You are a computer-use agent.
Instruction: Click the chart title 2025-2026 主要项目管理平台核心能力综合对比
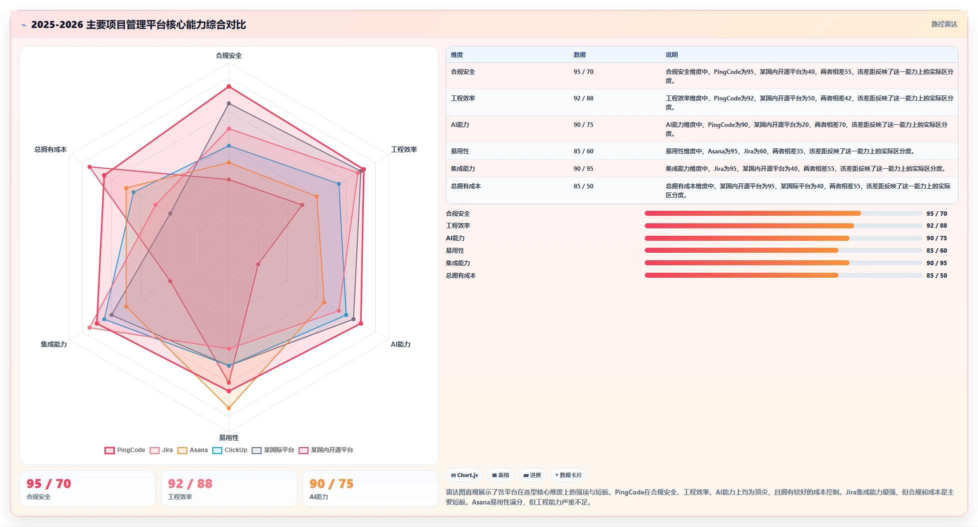[x=138, y=24]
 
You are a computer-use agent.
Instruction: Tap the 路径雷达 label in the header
[x=944, y=24]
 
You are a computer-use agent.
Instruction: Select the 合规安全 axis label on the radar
[x=229, y=55]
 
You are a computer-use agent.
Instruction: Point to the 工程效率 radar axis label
[x=404, y=149]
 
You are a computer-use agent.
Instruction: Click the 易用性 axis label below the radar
[x=229, y=438]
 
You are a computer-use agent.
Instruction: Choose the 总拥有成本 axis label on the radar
[x=50, y=149]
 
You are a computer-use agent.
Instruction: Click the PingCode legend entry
[x=125, y=450]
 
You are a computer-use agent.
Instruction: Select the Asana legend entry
[x=192, y=450]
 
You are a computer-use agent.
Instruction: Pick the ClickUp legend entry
[x=230, y=450]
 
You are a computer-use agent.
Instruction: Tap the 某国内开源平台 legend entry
[x=326, y=450]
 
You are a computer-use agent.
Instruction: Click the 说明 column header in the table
[x=672, y=55]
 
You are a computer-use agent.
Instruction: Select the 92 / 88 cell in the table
[x=583, y=98]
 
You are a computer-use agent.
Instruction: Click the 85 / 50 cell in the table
[x=583, y=186]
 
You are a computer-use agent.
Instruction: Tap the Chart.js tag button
[x=464, y=475]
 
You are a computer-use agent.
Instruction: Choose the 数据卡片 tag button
[x=568, y=475]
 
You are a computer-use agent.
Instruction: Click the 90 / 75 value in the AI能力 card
[x=331, y=484]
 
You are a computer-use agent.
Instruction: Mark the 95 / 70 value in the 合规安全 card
[x=49, y=484]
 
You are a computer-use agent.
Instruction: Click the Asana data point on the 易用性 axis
[x=229, y=408]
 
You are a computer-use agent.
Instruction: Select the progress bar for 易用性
[x=783, y=250]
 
